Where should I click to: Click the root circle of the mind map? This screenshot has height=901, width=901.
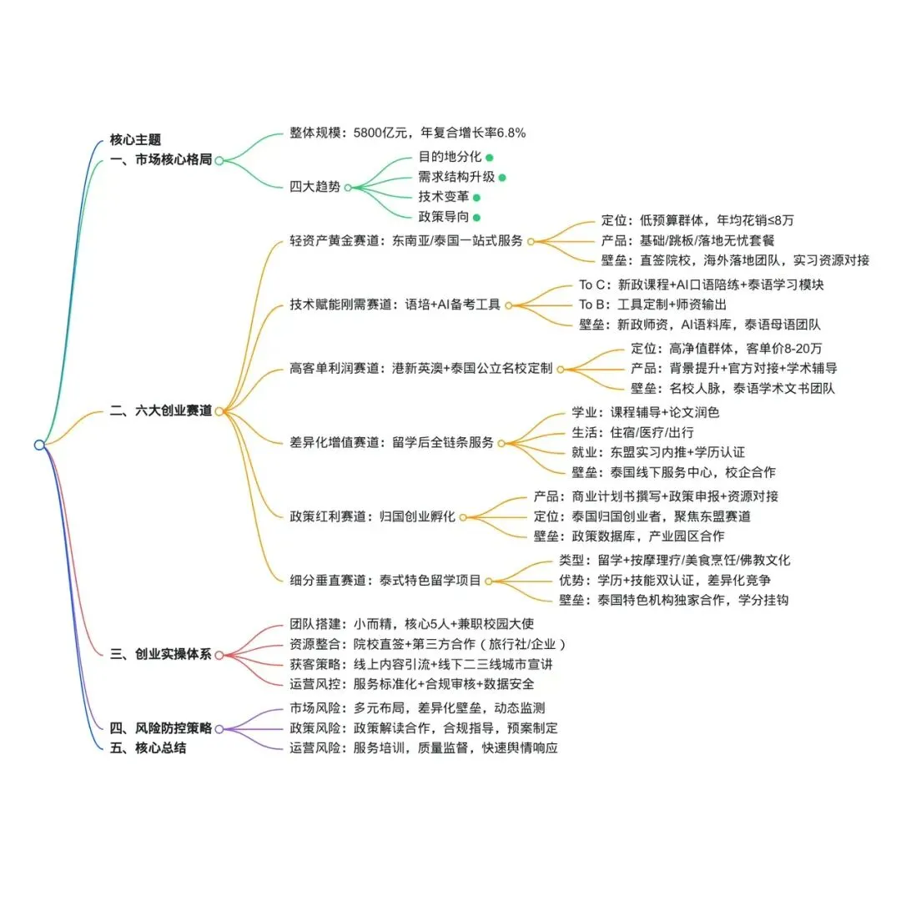(39, 445)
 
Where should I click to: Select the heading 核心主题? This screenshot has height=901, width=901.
(135, 139)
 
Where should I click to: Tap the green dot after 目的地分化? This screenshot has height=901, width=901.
(490, 156)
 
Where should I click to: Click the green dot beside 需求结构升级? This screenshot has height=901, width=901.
(502, 177)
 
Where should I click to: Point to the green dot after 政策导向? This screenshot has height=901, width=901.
(476, 218)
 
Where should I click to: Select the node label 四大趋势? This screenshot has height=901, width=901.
(315, 187)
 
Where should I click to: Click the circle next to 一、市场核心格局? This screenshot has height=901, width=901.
(219, 160)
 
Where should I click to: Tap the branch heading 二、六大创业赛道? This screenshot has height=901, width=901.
(161, 410)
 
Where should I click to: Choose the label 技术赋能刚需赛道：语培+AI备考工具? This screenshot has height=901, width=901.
(395, 305)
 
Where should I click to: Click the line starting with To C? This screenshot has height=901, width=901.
(701, 284)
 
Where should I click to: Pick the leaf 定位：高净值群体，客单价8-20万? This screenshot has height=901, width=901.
(726, 349)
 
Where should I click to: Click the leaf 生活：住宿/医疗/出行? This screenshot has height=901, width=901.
(632, 432)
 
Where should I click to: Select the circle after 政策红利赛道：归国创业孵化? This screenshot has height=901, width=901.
(462, 516)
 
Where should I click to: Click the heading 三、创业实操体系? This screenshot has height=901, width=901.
(161, 654)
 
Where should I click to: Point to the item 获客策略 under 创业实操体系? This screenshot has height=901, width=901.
(420, 664)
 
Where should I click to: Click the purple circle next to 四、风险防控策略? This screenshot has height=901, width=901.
(219, 728)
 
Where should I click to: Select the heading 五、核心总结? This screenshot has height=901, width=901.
(148, 747)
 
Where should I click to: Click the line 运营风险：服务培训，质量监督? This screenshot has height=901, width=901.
(423, 747)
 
